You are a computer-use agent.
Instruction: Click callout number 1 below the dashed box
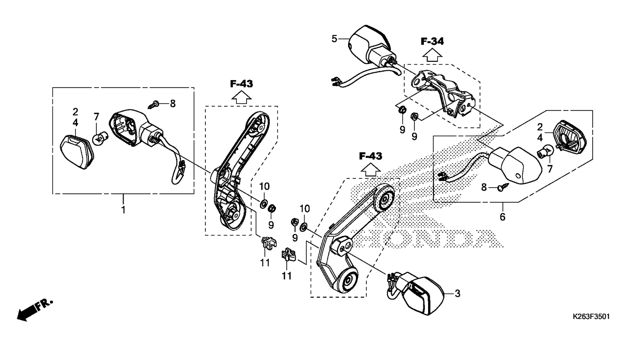tap(123, 210)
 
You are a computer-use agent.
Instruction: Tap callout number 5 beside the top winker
tap(334, 38)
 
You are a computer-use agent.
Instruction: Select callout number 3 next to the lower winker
tap(457, 293)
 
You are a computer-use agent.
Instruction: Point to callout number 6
tap(502, 217)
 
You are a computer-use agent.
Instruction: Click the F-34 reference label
tap(432, 41)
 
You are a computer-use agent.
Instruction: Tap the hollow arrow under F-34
tap(432, 55)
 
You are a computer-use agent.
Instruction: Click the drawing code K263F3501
tap(591, 316)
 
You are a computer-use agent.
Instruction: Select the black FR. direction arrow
tap(29, 311)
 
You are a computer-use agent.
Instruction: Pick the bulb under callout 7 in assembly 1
tap(100, 138)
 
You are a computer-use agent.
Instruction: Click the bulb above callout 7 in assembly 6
tap(545, 151)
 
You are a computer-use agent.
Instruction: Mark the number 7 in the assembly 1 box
tap(96, 117)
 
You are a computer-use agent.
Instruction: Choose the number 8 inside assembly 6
tap(484, 188)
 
